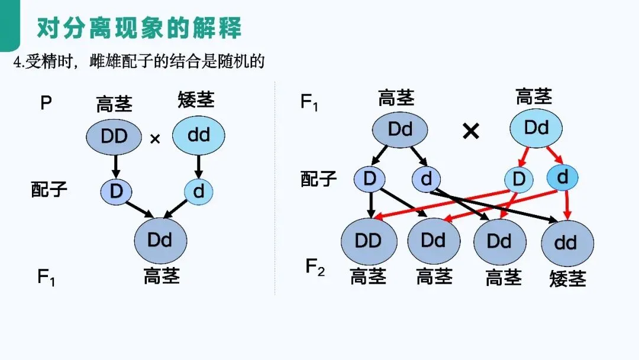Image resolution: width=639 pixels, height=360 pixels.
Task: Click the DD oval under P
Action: [114, 137]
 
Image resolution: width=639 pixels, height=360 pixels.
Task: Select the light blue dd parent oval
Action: [199, 136]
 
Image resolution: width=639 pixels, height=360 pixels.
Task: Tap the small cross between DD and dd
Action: [155, 139]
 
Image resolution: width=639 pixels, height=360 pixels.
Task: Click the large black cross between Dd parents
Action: [470, 131]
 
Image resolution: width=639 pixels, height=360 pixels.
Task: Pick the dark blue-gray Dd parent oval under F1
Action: [401, 129]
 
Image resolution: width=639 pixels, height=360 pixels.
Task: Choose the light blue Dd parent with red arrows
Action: [536, 128]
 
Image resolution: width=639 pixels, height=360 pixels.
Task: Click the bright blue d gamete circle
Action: [562, 177]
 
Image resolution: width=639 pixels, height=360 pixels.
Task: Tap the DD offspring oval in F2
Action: [368, 241]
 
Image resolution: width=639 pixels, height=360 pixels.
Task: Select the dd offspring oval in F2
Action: [567, 242]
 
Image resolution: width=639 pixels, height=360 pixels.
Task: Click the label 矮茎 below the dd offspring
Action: [567, 278]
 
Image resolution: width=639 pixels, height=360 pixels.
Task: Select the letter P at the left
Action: [46, 104]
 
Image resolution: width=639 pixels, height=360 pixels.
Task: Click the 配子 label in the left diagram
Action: [49, 189]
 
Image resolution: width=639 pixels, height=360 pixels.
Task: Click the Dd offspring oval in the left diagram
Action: [160, 240]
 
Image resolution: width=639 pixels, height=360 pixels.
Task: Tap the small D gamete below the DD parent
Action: [116, 191]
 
